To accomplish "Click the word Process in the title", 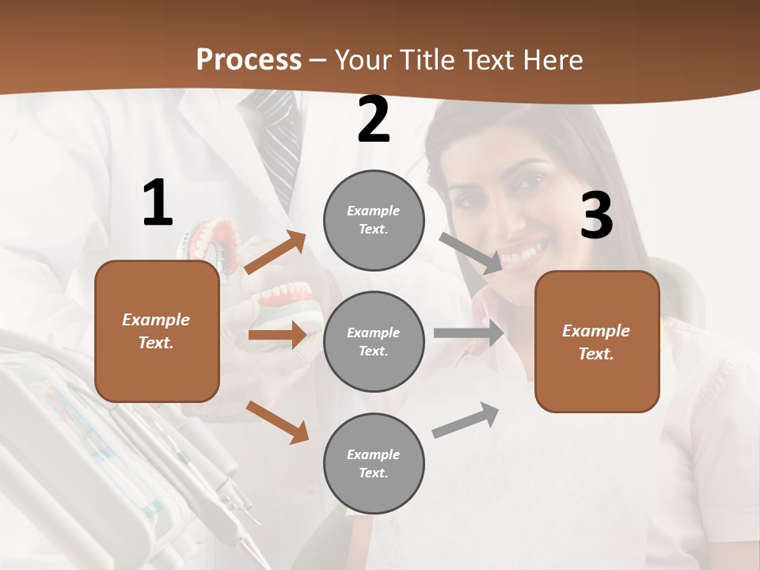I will click(249, 60).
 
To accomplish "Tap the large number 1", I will click(158, 203).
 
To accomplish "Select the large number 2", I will click(374, 120).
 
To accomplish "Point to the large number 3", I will click(596, 215).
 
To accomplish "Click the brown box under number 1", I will click(157, 331).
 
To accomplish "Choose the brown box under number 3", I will click(597, 341).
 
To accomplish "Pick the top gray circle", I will click(374, 220).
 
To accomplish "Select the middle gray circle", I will click(374, 341).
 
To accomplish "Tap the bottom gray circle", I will click(374, 463).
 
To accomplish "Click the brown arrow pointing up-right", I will click(275, 253).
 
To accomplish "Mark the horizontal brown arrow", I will click(277, 336).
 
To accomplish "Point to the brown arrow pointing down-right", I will click(278, 422).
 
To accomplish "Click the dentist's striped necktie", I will click(279, 135).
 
